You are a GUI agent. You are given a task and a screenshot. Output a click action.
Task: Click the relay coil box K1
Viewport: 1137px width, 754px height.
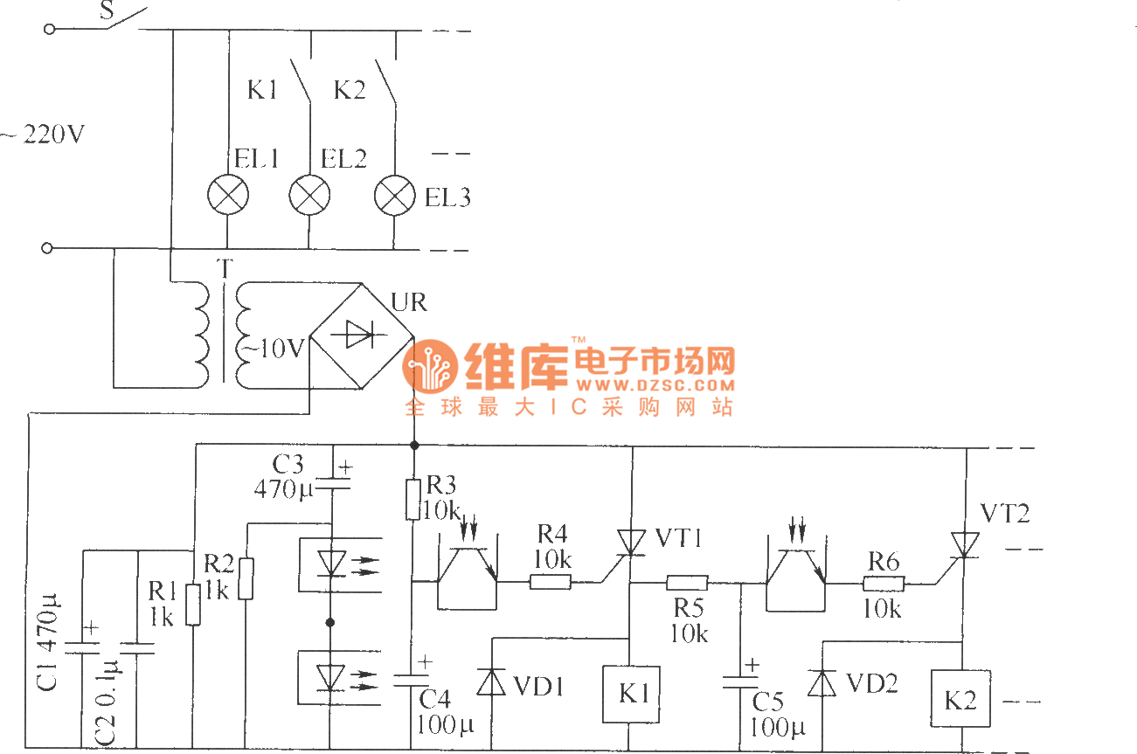(630, 695)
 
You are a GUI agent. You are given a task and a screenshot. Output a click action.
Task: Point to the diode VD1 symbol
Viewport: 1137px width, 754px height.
(491, 682)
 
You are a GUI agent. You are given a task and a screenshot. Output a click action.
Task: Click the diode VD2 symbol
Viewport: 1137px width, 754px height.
(822, 683)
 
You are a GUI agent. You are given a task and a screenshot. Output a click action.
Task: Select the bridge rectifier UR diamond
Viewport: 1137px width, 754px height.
(364, 334)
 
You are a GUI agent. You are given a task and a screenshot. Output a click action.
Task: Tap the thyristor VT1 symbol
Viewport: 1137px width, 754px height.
(629, 543)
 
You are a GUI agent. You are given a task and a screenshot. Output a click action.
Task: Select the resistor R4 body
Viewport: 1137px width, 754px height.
(551, 582)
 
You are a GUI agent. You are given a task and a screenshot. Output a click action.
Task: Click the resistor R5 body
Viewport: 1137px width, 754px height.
(687, 582)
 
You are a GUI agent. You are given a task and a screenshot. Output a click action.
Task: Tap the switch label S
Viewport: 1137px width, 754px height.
(107, 10)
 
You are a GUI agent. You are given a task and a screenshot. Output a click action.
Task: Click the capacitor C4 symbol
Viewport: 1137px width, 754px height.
(413, 680)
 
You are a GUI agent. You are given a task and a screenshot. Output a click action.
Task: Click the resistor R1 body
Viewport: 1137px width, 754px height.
(193, 604)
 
